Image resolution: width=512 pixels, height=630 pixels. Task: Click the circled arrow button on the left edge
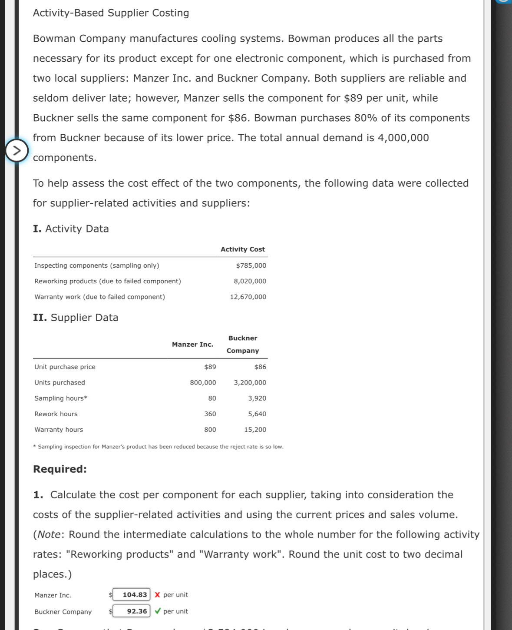17,151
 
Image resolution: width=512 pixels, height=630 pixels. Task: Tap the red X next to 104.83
157,595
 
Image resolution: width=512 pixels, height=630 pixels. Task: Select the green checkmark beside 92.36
158,611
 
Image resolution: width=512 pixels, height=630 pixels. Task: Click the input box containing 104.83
132,595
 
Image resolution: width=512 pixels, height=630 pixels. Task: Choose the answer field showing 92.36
132,611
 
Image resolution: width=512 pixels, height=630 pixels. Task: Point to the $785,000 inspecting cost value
251,265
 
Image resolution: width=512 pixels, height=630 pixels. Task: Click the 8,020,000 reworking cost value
250,281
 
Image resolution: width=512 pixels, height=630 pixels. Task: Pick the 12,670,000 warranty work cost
248,297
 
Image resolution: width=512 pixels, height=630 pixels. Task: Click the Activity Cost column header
242,249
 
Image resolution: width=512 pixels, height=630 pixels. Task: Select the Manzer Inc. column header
192,345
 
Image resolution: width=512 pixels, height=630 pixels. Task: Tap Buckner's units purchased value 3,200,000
250,383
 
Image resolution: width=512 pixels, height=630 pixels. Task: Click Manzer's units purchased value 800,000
203,383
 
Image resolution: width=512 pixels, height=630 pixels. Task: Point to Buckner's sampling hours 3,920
257,398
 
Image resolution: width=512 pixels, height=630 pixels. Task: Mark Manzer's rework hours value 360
210,414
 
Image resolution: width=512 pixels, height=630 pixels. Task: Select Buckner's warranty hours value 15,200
255,430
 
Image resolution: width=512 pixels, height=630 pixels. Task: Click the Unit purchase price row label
65,367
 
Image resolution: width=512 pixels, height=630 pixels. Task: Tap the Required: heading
60,469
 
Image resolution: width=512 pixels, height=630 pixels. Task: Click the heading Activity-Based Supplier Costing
111,13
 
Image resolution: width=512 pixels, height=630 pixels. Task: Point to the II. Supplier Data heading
76,318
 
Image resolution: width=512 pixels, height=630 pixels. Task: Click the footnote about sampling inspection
159,447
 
